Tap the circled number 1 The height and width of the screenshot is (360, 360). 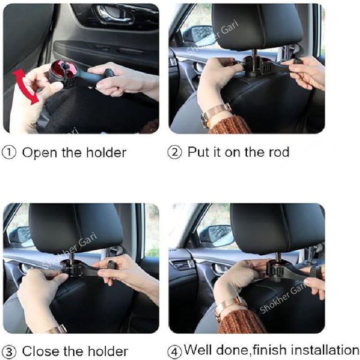(10, 153)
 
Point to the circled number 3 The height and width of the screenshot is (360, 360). (10, 351)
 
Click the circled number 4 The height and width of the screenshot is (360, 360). (175, 351)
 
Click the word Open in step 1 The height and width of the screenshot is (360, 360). (40, 153)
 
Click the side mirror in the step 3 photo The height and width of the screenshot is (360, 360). (19, 236)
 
